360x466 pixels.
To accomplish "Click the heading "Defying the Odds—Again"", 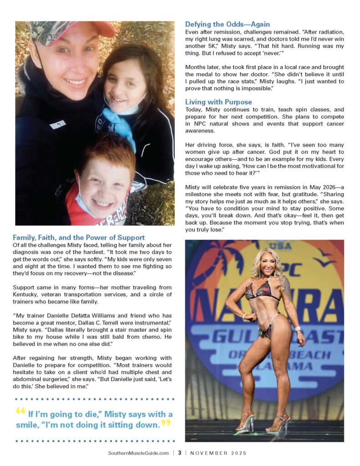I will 227,24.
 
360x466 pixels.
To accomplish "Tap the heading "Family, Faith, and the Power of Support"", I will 79,238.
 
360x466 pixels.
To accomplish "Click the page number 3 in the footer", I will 180,453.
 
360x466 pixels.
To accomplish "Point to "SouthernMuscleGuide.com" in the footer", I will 138,453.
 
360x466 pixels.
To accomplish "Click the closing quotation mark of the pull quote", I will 166,424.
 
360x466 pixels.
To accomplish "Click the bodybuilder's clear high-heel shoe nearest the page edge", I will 279,422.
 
